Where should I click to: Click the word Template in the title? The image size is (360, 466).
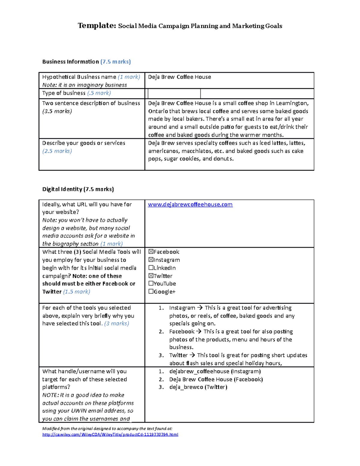97,26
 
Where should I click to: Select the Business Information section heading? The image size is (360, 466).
86,62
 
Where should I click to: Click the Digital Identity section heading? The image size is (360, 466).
78,189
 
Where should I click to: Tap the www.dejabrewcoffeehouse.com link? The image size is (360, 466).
190,205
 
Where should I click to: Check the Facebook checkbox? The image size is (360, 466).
151,252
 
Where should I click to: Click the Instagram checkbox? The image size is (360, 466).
151,260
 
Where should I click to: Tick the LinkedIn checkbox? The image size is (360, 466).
151,268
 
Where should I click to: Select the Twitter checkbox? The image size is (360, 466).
151,276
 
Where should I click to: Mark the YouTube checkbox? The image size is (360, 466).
151,284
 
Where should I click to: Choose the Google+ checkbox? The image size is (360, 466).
151,291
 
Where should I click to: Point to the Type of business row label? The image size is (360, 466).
76,93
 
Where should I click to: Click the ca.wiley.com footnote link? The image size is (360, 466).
110,434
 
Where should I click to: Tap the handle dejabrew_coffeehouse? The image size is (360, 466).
199,371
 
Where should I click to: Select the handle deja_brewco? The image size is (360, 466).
186,387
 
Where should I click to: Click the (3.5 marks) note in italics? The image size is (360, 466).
57,111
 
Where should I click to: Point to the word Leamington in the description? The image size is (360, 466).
292,103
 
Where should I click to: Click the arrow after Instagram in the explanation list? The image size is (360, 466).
200,308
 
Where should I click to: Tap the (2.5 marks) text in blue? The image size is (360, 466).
57,151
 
